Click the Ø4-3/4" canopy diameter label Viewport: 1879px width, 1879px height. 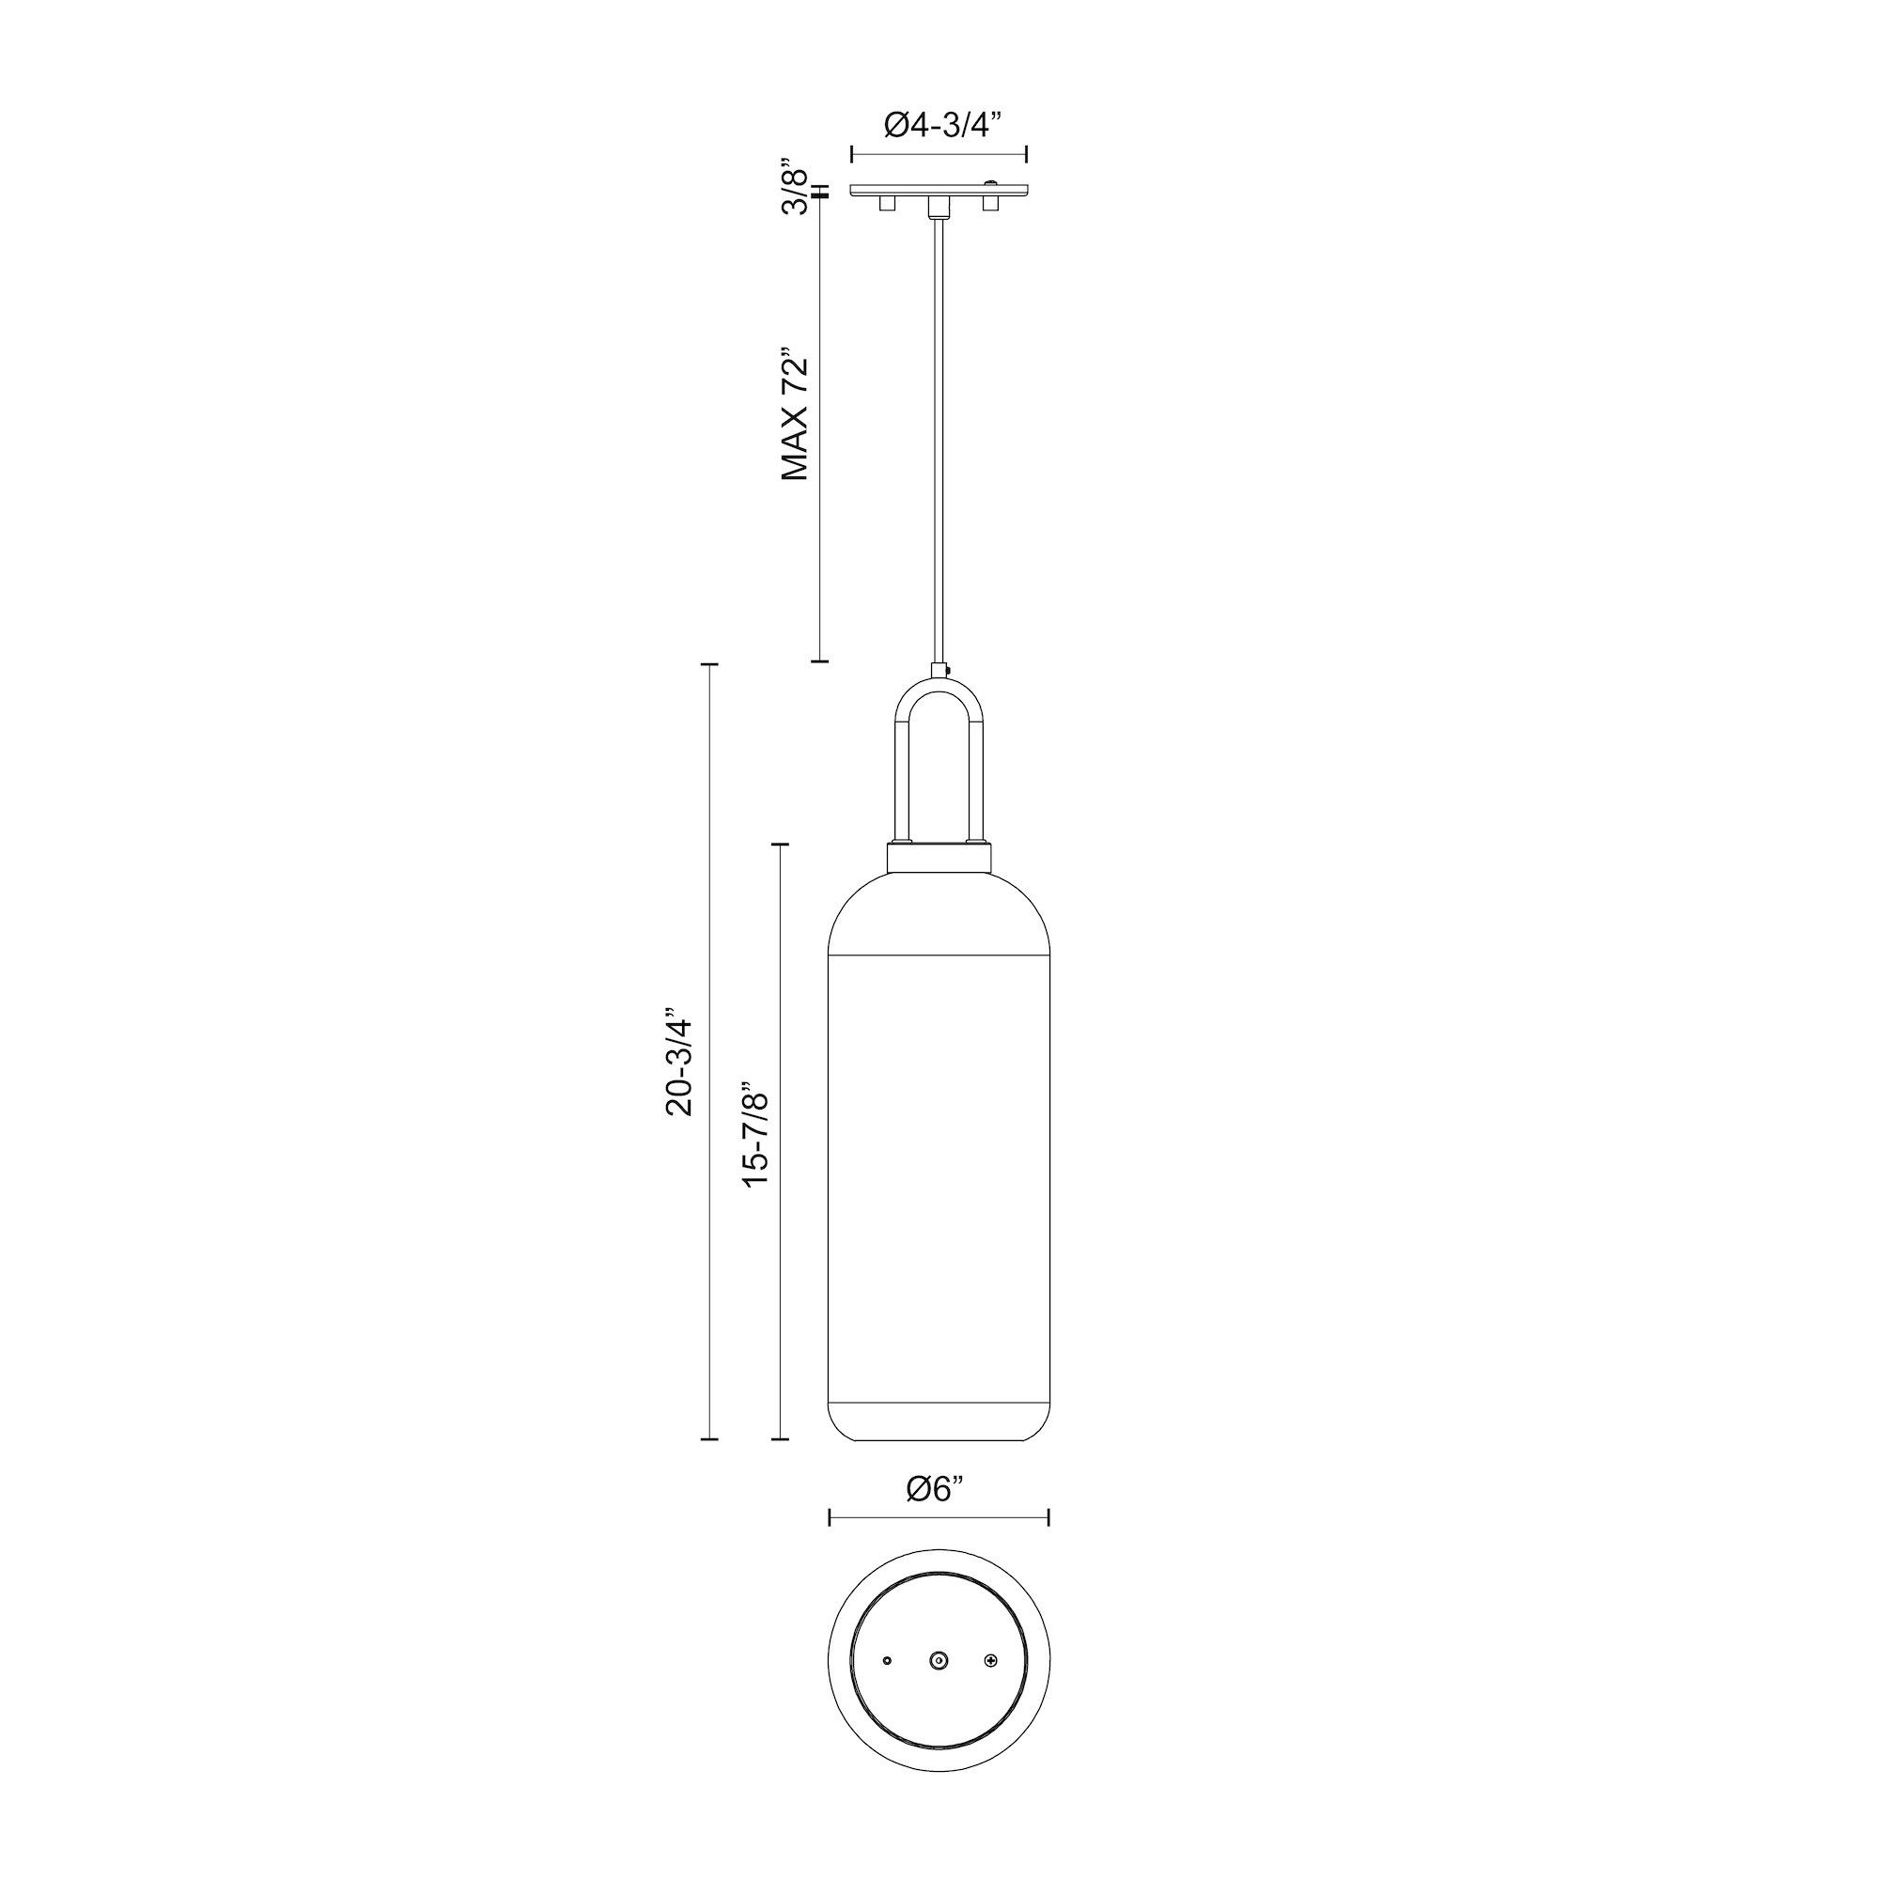(940, 125)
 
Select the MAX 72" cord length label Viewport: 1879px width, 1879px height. (796, 413)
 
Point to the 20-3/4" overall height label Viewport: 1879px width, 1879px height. (679, 1066)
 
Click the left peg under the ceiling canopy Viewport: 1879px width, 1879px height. (886, 204)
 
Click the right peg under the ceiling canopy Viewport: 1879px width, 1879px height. (991, 204)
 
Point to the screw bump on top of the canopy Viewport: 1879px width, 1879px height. (991, 182)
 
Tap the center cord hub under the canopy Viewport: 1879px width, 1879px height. (939, 206)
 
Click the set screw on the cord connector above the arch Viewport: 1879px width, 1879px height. (947, 669)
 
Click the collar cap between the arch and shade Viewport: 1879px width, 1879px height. (939, 859)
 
